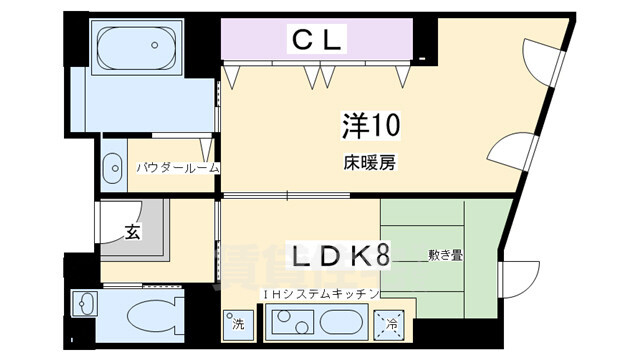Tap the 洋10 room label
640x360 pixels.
pos(367,127)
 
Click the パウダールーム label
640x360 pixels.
pos(178,168)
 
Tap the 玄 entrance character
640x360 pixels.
pos(132,232)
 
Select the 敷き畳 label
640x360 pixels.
pos(445,256)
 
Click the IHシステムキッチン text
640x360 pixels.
pos(319,293)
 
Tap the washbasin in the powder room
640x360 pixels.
pos(112,166)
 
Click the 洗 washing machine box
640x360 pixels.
pos(238,324)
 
